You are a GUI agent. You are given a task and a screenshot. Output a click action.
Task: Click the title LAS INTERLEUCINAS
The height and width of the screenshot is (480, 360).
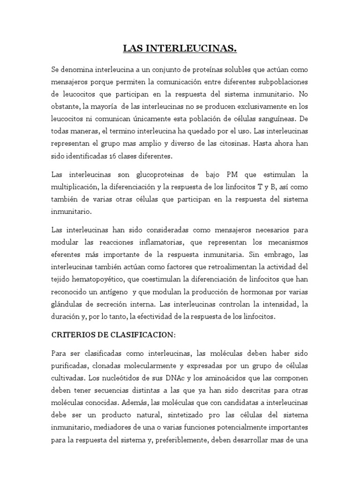pyautogui.click(x=180, y=48)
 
